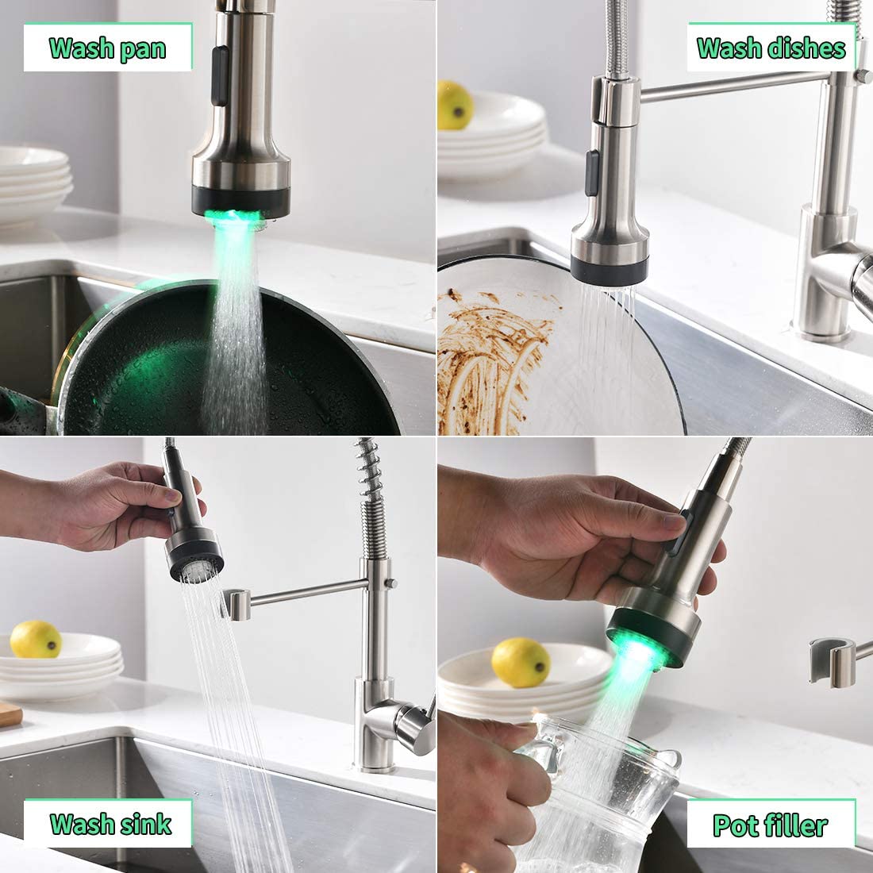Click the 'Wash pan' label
[107, 48]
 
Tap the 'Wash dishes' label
[771, 48]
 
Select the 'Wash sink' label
[110, 823]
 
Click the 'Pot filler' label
[770, 825]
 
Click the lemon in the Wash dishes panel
[456, 105]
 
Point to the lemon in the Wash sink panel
[36, 639]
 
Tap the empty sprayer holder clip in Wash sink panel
[238, 603]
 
